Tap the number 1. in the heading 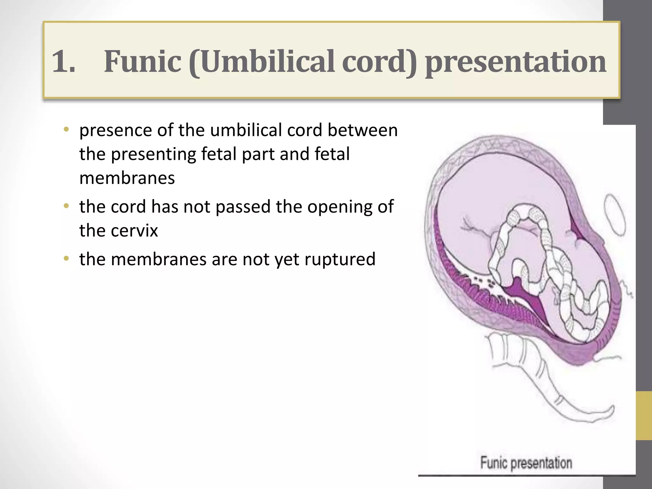(x=63, y=61)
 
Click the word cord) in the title (x=379, y=61)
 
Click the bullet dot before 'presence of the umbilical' (x=66, y=130)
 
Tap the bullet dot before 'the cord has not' (x=66, y=206)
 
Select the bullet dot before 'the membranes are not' (x=66, y=259)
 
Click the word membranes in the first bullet (x=127, y=178)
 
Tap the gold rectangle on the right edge (x=644, y=415)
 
